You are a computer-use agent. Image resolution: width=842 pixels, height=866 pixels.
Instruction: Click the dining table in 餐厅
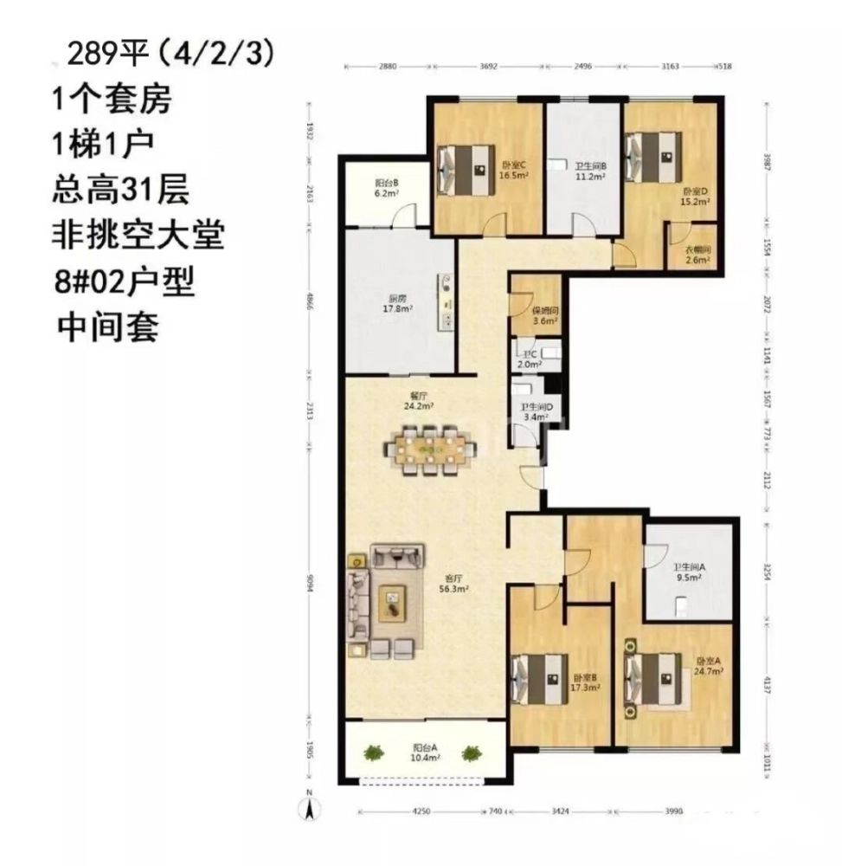click(x=429, y=449)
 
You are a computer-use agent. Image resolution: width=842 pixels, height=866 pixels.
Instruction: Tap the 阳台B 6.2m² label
click(x=385, y=189)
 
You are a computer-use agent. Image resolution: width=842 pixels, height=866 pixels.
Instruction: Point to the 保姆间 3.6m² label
click(x=545, y=314)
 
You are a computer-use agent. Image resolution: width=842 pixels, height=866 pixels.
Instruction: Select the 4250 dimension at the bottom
click(x=421, y=811)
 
